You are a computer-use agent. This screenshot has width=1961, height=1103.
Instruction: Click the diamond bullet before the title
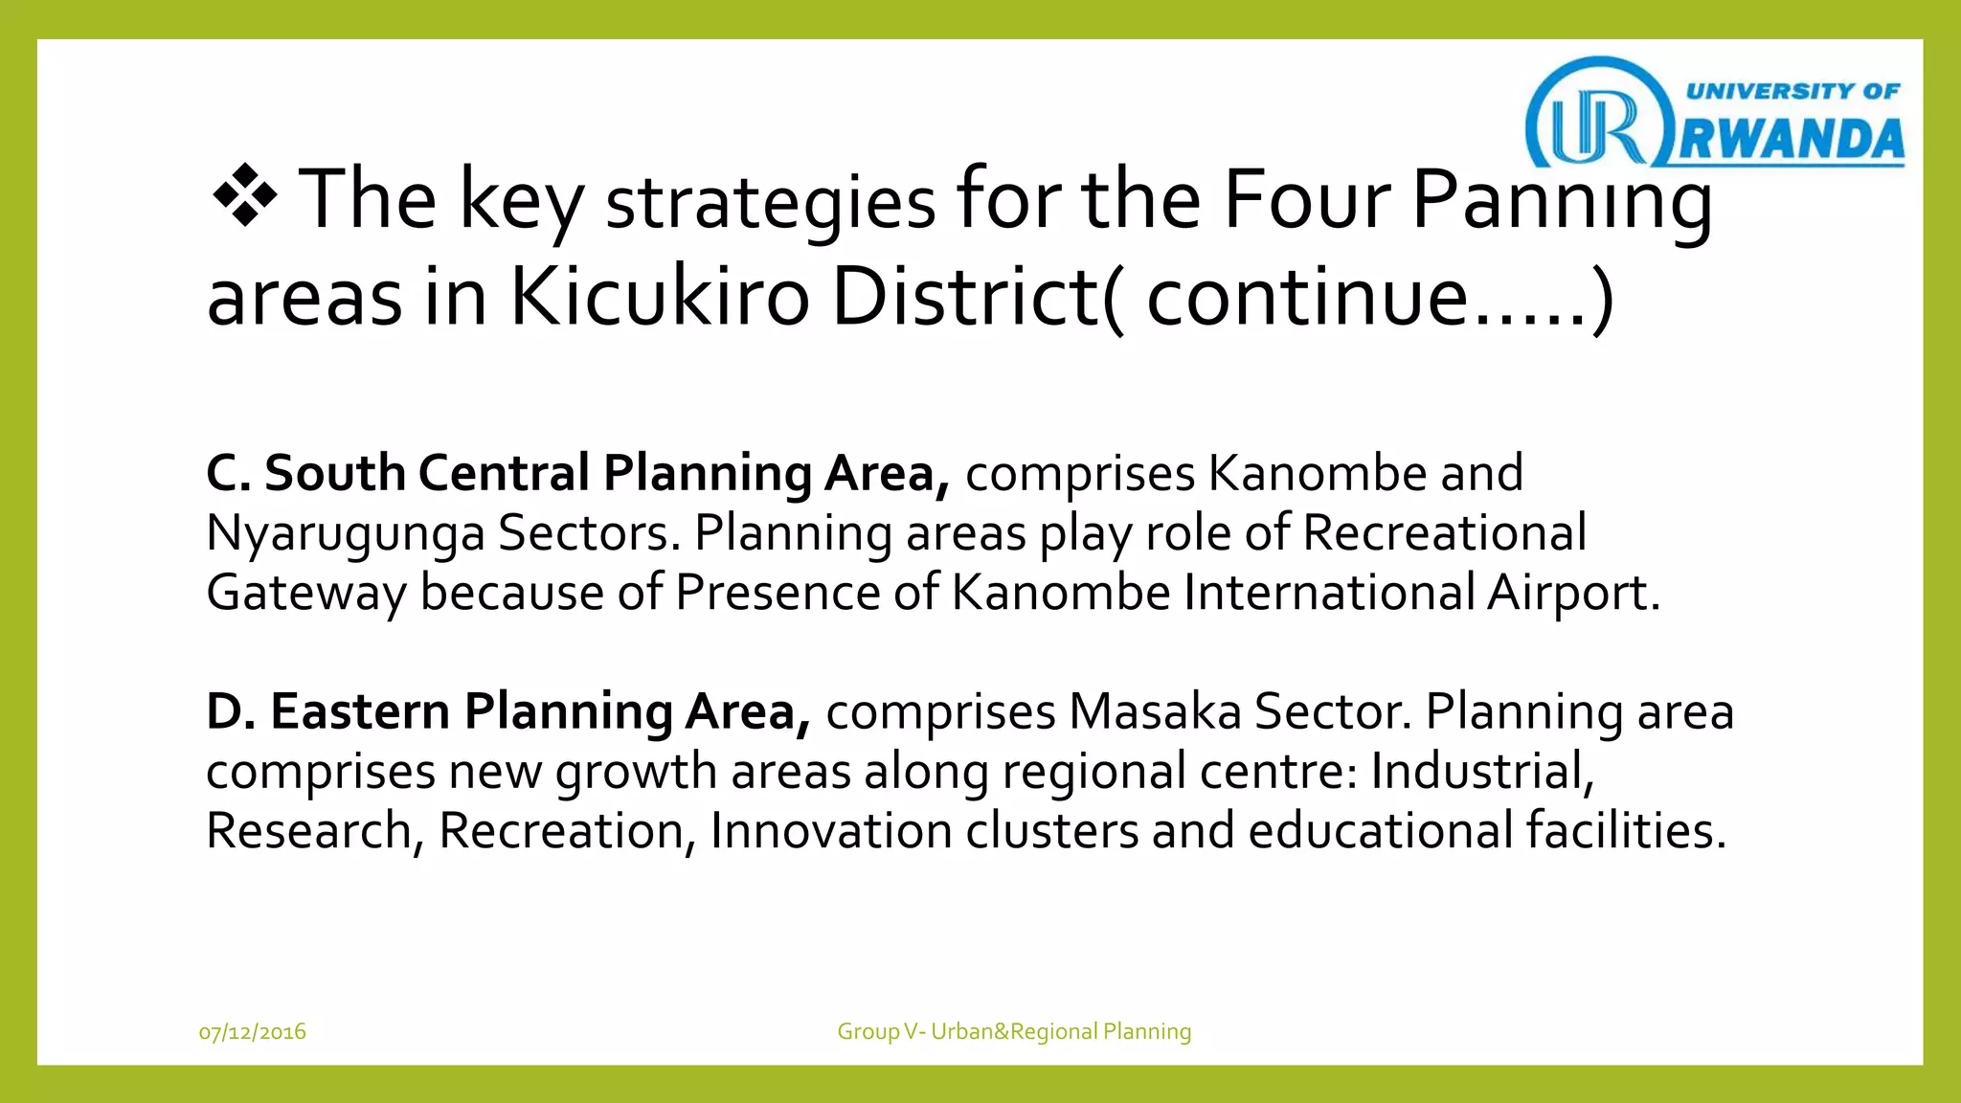(245, 195)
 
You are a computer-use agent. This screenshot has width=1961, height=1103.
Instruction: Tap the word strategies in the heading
(771, 203)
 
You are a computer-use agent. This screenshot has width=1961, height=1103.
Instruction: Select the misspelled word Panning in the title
(1561, 201)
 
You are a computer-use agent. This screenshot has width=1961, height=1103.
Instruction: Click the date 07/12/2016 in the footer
(253, 1032)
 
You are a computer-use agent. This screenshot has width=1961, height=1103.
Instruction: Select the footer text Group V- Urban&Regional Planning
(1014, 1032)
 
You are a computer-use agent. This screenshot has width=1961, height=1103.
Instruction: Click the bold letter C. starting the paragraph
(228, 473)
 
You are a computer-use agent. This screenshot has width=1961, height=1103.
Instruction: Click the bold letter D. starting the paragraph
(231, 711)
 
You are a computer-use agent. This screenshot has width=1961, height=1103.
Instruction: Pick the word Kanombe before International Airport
(1061, 593)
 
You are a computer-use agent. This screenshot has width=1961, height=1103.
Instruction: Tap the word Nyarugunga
(346, 534)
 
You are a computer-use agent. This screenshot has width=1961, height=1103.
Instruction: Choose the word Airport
(1572, 593)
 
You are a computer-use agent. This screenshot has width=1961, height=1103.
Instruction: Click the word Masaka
(1155, 712)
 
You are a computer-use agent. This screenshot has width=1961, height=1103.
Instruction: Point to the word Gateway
(306, 594)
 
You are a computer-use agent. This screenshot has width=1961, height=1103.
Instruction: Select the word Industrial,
(1482, 772)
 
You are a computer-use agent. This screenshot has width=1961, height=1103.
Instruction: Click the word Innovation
(830, 831)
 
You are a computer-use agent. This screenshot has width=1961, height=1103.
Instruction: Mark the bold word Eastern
(360, 711)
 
